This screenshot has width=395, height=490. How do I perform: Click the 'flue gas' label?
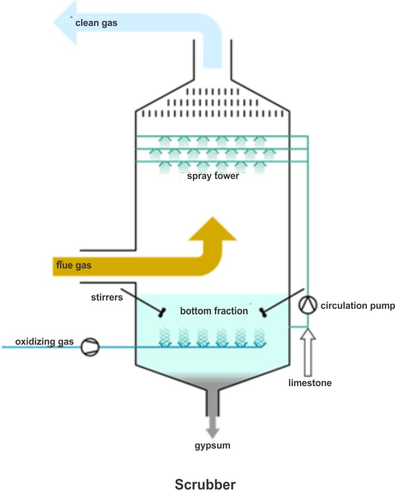73,265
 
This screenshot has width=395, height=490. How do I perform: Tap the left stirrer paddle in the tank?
162,313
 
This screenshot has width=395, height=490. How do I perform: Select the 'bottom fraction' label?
214,311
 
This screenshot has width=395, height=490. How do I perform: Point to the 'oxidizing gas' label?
44,341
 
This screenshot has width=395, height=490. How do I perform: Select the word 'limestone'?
310,383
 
